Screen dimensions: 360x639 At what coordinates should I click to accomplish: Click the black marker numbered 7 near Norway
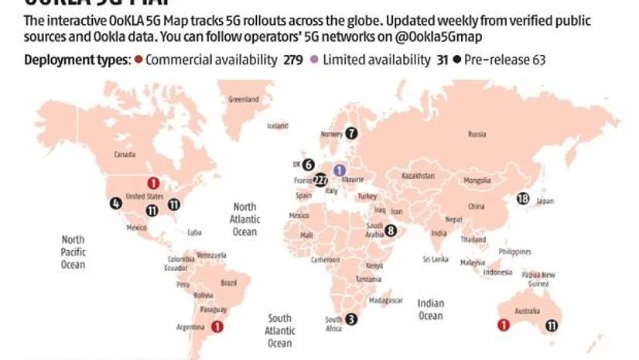pos(352,133)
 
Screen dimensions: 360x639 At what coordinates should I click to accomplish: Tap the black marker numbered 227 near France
pos(321,180)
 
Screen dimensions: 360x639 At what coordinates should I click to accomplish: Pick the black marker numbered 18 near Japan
pos(522,199)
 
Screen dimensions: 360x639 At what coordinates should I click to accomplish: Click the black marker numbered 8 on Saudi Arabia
pos(391,230)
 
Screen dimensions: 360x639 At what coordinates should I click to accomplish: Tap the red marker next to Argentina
pos(217,327)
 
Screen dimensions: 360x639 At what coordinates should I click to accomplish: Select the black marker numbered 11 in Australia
pos(552,326)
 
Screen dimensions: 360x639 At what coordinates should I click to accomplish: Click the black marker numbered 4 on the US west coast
pos(116,204)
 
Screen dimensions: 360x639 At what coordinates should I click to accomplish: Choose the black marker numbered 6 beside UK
pos(309,164)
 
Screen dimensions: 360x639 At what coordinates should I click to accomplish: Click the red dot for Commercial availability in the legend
pos(138,60)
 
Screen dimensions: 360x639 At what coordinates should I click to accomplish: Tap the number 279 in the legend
pos(296,60)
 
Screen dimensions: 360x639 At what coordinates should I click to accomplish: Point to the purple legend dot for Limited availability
pos(313,60)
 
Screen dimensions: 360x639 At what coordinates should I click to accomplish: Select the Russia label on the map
pos(477,135)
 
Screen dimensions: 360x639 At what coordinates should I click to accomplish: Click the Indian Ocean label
pos(431,309)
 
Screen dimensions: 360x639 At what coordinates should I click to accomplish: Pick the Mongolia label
pos(477,180)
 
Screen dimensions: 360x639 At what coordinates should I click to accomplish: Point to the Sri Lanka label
pos(436,258)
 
